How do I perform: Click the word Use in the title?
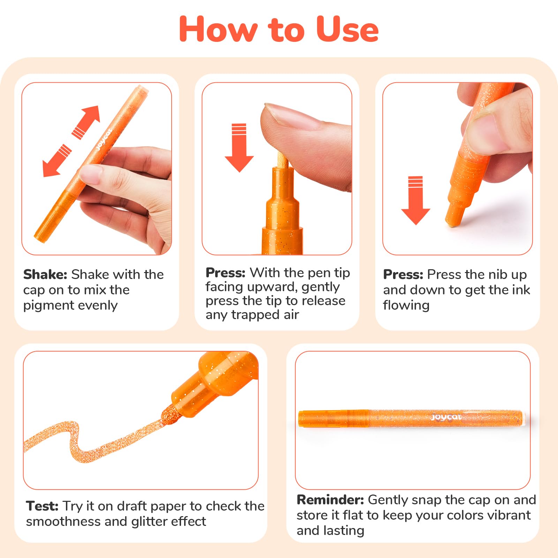coord(347,29)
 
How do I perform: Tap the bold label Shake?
coord(45,274)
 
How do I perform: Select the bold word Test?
coord(42,506)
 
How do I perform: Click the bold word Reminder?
coord(330,500)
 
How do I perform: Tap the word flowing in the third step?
coord(406,306)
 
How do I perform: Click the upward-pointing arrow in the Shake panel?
coord(86,122)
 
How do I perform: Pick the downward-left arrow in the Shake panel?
coord(56,160)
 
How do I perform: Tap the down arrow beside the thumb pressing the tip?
coord(239,148)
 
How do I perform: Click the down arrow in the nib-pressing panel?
coord(415,201)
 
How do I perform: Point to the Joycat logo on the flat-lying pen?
coord(446,417)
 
